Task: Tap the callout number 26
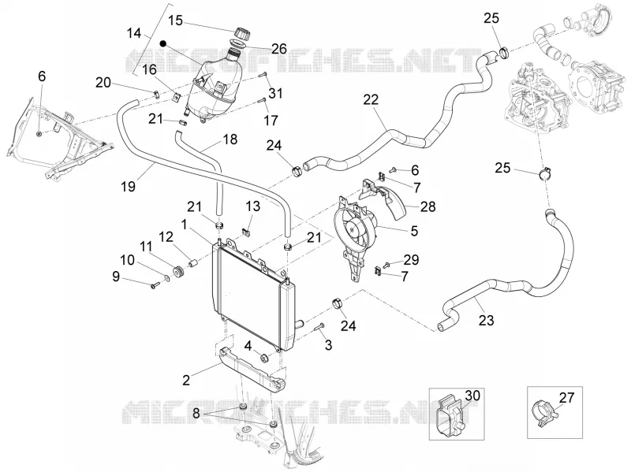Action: click(278, 49)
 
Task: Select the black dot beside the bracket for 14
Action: click(163, 43)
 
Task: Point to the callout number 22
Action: click(371, 99)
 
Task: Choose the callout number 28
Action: click(428, 206)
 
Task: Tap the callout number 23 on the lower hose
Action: click(486, 321)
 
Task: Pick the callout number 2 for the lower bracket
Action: click(186, 380)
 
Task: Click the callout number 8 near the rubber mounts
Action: click(196, 413)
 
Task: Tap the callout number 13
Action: click(252, 206)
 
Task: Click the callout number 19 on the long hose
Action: click(129, 186)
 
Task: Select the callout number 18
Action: click(230, 139)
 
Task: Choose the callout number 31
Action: click(275, 93)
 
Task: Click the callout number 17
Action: click(271, 120)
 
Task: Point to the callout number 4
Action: click(248, 346)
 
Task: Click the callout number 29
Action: click(411, 260)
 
